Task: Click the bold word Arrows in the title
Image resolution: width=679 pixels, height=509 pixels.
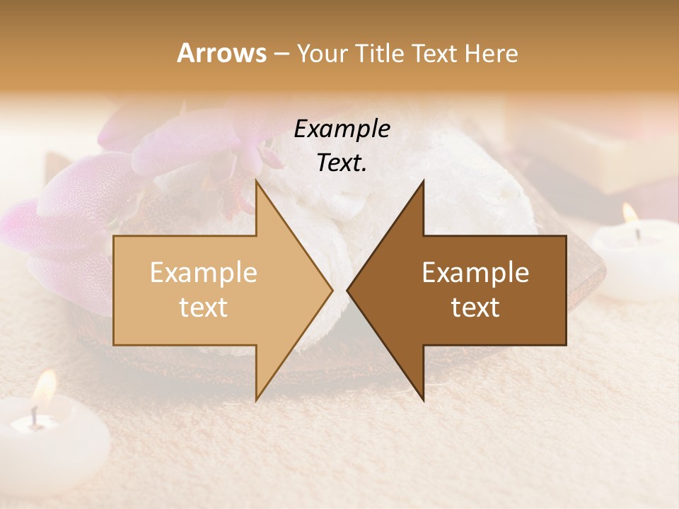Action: pyautogui.click(x=221, y=53)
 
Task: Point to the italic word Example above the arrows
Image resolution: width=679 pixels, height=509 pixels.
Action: pyautogui.click(x=342, y=129)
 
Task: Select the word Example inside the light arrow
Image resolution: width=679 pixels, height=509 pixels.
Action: pyautogui.click(x=204, y=273)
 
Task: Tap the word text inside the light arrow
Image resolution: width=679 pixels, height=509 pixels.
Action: pyautogui.click(x=204, y=308)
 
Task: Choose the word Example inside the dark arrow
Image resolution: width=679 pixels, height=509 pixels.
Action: pyautogui.click(x=475, y=273)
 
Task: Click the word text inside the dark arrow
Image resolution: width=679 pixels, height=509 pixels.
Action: pyautogui.click(x=475, y=308)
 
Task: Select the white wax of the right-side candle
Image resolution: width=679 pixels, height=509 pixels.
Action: pyautogui.click(x=633, y=255)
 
